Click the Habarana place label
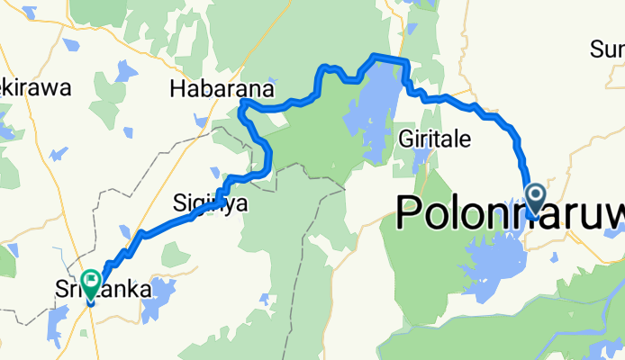pyautogui.click(x=214, y=89)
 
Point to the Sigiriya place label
pyautogui.click(x=210, y=204)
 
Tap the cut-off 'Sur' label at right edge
pyautogui.click(x=607, y=48)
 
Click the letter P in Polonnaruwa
pyautogui.click(x=411, y=214)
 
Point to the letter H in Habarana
pyautogui.click(x=177, y=89)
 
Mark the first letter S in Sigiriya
pyautogui.click(x=178, y=203)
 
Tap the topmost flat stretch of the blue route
pyautogui.click(x=388, y=58)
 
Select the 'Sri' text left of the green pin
pyautogui.click(x=68, y=291)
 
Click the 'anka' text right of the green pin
pyautogui.click(x=119, y=291)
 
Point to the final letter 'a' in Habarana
pyautogui.click(x=251, y=89)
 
